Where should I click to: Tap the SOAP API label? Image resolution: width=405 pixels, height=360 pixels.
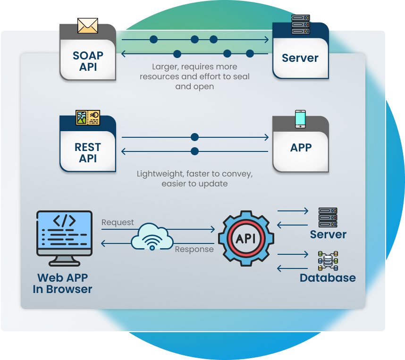(x=88, y=61)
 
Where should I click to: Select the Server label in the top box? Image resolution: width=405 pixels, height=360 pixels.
(x=300, y=59)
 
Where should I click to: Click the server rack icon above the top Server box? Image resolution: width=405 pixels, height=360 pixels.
(x=300, y=25)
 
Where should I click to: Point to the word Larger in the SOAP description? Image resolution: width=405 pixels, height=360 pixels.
(x=165, y=67)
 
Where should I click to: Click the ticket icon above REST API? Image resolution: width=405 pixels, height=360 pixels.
(x=88, y=117)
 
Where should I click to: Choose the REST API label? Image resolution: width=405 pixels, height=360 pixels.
(x=88, y=153)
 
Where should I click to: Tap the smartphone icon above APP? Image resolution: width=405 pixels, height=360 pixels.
(x=300, y=119)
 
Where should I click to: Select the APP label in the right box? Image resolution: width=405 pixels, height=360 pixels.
(x=301, y=148)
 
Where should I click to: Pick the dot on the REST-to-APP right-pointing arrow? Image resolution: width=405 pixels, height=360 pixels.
(x=194, y=137)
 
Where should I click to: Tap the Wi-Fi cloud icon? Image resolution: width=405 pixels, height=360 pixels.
(x=152, y=236)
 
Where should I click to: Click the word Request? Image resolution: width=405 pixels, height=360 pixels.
(x=118, y=222)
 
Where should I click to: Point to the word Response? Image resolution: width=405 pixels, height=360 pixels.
(x=194, y=249)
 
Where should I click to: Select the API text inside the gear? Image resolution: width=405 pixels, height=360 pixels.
(x=246, y=239)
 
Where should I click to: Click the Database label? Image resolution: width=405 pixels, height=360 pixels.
(x=328, y=278)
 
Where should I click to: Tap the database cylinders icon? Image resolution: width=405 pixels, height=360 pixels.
(x=328, y=260)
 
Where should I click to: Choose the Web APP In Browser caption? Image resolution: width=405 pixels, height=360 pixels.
(x=62, y=284)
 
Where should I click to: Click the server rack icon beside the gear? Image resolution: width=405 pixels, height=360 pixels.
(x=328, y=217)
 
